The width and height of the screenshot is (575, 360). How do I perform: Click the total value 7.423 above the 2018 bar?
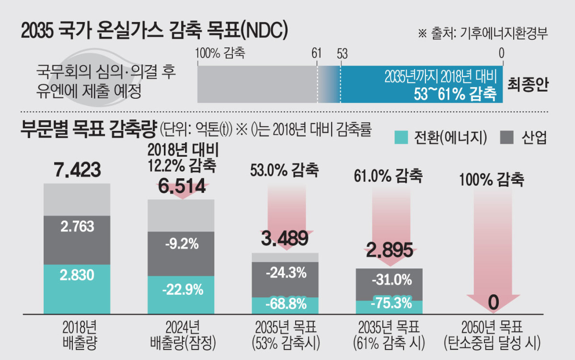(77, 170)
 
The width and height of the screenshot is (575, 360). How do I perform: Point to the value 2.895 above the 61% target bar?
(389, 250)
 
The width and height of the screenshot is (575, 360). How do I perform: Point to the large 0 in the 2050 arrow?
(493, 302)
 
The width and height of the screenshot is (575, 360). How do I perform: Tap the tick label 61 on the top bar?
(316, 53)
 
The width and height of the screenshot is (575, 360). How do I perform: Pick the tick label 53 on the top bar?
(342, 53)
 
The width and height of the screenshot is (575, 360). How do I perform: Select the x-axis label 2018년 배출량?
(77, 336)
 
